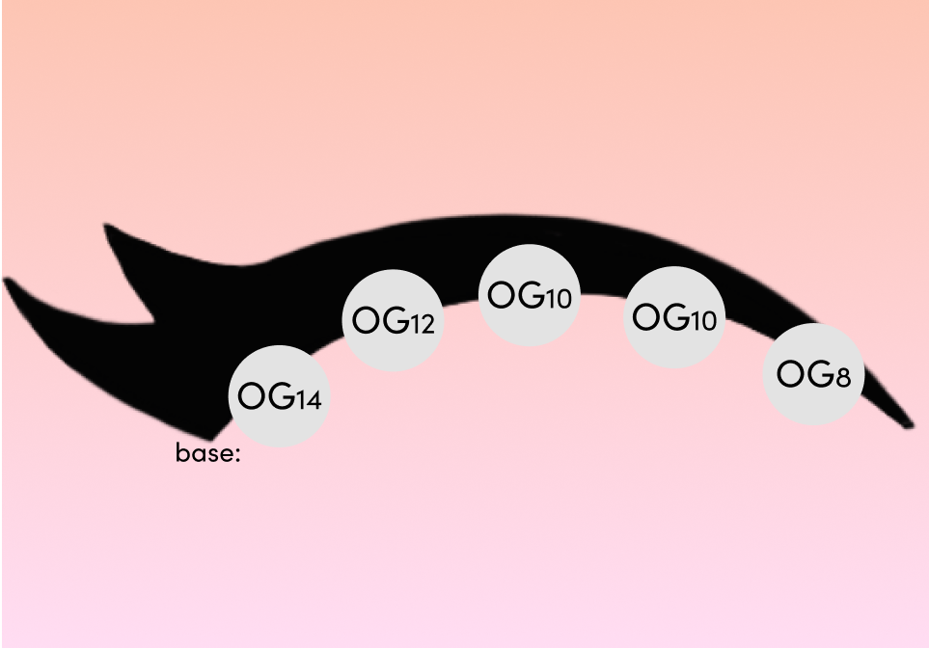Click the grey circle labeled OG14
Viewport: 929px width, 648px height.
(279, 396)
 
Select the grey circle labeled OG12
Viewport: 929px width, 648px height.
(393, 320)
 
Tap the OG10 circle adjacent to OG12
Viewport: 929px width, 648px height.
(529, 295)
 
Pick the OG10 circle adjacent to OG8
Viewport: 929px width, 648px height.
(674, 317)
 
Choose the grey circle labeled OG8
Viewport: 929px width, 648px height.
(813, 374)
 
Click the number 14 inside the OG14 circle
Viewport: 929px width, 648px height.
(308, 401)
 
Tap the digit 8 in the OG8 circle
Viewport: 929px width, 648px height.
(843, 377)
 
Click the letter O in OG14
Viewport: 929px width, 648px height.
(251, 395)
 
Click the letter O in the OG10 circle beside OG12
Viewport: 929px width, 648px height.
(502, 294)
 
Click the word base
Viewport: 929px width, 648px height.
(205, 453)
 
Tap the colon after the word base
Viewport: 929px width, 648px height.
(237, 455)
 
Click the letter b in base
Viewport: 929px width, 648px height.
(181, 452)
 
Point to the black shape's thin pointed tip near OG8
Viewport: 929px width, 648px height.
(911, 425)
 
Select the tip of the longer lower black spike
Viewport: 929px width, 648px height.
(6, 279)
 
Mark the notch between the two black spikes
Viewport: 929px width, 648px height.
(154, 322)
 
